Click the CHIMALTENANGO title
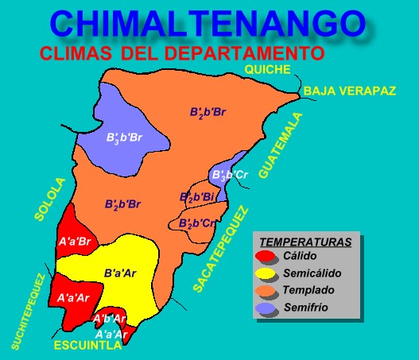click(x=209, y=24)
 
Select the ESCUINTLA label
click(x=87, y=346)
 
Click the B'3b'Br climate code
click(x=124, y=137)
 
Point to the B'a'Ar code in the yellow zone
click(x=120, y=273)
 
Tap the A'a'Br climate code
click(x=75, y=240)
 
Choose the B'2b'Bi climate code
click(x=196, y=196)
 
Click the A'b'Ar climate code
click(x=110, y=319)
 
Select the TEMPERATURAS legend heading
click(x=306, y=241)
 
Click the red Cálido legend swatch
click(x=266, y=257)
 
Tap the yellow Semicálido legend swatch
click(x=266, y=274)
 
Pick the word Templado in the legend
click(x=308, y=290)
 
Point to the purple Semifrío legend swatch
click(x=266, y=308)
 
